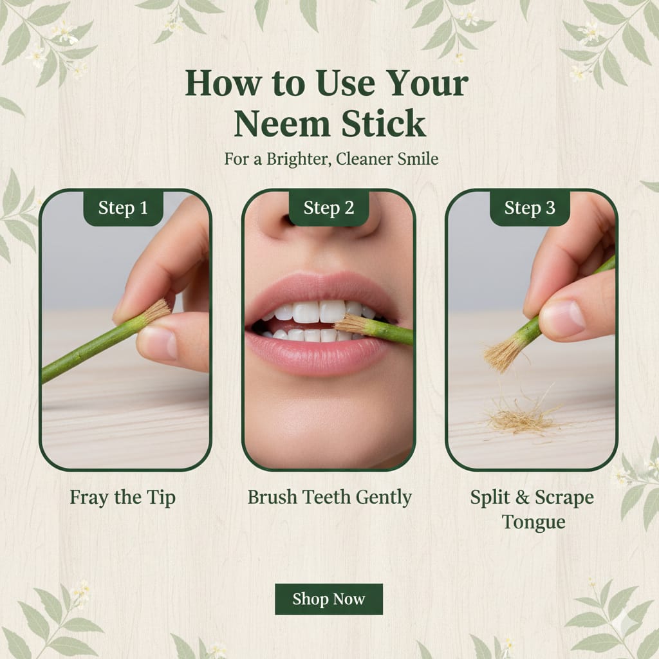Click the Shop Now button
click(329, 599)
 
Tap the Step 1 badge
click(123, 208)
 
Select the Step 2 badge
click(329, 208)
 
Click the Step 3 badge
click(530, 208)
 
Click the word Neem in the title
click(282, 124)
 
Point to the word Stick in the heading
click(384, 123)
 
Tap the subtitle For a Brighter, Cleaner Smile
click(331, 159)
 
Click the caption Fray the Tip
click(123, 497)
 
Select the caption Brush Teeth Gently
click(329, 497)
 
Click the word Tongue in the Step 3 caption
click(534, 522)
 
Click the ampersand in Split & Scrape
click(522, 497)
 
